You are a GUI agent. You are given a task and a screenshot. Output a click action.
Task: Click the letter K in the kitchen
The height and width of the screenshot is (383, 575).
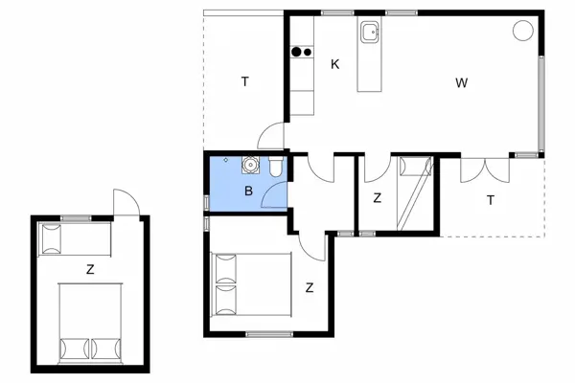(334, 64)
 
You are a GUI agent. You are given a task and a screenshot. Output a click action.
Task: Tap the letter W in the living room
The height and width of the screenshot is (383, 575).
(461, 82)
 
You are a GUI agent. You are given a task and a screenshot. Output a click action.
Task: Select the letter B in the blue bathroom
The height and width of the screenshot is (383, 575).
(248, 191)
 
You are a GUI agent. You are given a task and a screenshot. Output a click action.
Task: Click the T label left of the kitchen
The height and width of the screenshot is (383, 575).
(244, 82)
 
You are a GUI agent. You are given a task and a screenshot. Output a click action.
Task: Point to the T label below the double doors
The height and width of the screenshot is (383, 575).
(490, 200)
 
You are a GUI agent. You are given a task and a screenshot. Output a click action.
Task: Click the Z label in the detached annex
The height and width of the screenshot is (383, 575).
(90, 270)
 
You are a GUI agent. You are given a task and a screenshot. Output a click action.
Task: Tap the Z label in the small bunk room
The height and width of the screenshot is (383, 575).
(377, 198)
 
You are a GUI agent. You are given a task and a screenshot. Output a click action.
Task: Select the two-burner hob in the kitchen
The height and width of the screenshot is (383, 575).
(303, 53)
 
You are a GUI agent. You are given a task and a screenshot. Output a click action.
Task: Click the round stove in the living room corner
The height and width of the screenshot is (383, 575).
(522, 31)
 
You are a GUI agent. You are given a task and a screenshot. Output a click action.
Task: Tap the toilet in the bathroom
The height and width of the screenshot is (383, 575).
(275, 169)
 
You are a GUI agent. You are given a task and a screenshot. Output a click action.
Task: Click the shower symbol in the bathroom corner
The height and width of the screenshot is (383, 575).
(225, 160)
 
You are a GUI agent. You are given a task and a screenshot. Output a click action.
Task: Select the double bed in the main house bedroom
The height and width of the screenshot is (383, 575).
(252, 283)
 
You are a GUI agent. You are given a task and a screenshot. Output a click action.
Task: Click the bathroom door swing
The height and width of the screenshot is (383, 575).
(276, 196)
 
